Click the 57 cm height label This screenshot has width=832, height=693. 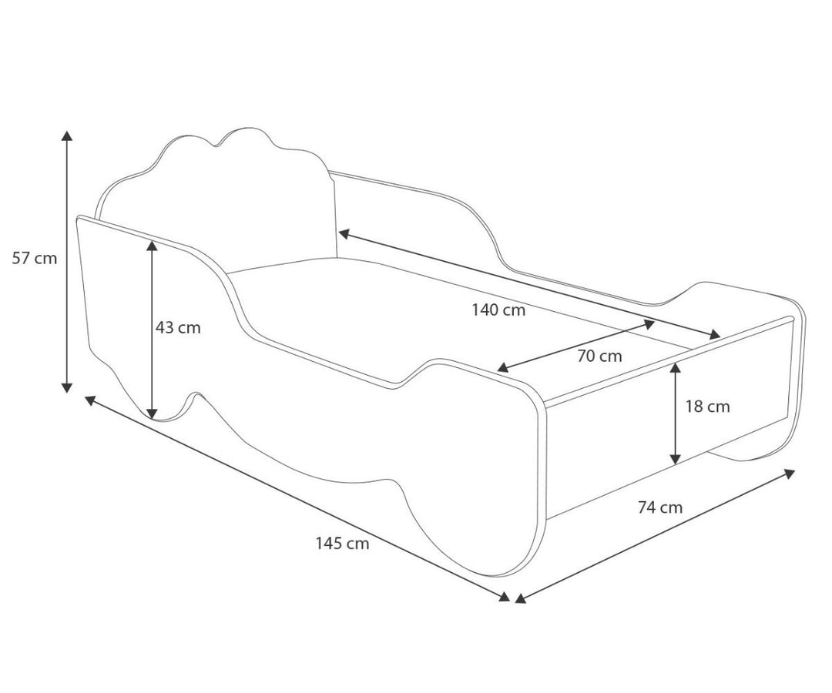pyautogui.click(x=35, y=258)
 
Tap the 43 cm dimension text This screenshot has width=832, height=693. pyautogui.click(x=178, y=328)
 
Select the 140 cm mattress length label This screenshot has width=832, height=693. pyautogui.click(x=498, y=310)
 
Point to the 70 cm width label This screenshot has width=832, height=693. pyautogui.click(x=599, y=356)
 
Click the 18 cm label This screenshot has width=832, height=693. pyautogui.click(x=708, y=407)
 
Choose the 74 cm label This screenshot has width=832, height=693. pyautogui.click(x=660, y=507)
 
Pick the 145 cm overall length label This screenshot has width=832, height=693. pyautogui.click(x=342, y=544)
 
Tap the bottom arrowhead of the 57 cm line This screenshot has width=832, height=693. pyautogui.click(x=67, y=387)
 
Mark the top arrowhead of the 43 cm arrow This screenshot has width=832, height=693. pyautogui.click(x=153, y=246)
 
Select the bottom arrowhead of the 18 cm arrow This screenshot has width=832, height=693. pyautogui.click(x=676, y=458)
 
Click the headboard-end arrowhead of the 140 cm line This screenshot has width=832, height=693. pyautogui.click(x=344, y=233)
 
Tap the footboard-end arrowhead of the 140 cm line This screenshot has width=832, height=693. pyautogui.click(x=715, y=333)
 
